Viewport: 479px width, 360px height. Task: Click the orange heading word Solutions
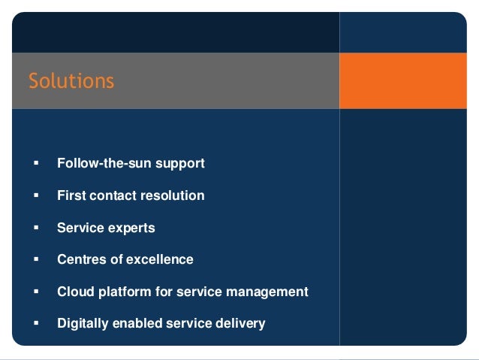(x=71, y=80)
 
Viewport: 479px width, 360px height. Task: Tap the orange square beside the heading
(x=402, y=80)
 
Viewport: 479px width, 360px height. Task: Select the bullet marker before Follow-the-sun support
(x=35, y=163)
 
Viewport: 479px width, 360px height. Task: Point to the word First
(x=71, y=195)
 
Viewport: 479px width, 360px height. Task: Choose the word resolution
(x=171, y=195)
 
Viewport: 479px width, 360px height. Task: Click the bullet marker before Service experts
(x=35, y=228)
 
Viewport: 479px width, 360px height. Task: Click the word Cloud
(x=74, y=292)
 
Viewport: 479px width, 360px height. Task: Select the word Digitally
(x=83, y=323)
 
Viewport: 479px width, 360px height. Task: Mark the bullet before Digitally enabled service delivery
(x=35, y=324)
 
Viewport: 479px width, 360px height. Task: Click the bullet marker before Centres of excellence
(x=35, y=260)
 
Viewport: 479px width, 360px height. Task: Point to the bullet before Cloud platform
(x=35, y=292)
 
